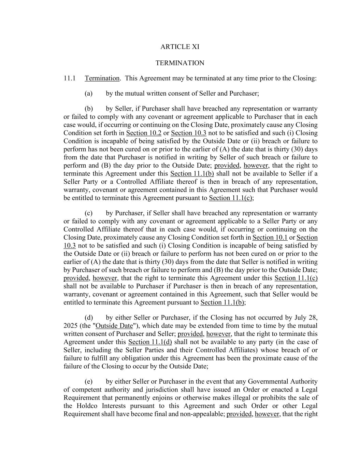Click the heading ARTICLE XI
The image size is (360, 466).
click(180, 47)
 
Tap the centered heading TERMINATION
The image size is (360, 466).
click(180, 63)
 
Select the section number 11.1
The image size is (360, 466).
click(69, 78)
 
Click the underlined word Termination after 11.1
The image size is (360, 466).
click(102, 78)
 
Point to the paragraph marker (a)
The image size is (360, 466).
click(88, 93)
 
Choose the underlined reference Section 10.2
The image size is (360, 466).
click(144, 133)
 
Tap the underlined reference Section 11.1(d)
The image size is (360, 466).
click(150, 342)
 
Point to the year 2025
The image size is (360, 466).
click(71, 326)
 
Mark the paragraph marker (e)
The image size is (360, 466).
click(88, 381)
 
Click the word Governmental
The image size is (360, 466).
click(268, 381)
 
